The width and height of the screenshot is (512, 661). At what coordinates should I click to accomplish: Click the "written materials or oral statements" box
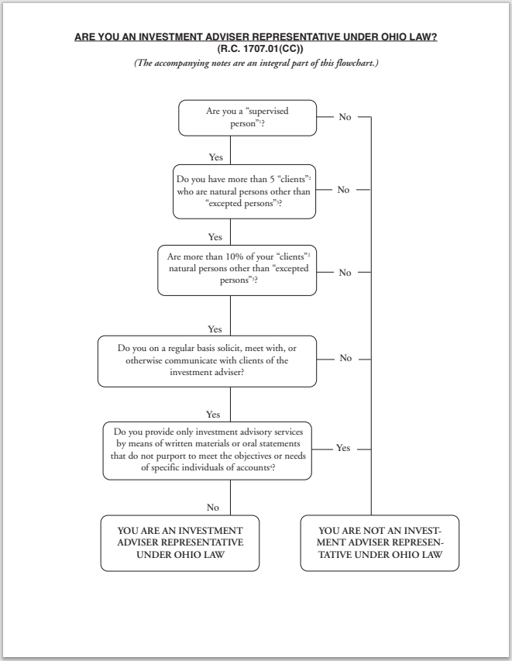pos(207,449)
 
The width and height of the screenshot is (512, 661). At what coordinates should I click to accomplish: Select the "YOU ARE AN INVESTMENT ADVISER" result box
pos(180,542)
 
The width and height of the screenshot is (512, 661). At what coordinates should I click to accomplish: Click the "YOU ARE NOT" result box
pos(380,542)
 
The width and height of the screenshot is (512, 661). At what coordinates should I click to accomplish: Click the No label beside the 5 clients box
pos(344,190)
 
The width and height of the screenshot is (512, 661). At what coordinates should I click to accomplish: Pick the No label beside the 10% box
pos(345,273)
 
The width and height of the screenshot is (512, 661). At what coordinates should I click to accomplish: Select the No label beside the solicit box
pos(345,358)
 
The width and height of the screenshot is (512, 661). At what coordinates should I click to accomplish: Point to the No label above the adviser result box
pos(213,507)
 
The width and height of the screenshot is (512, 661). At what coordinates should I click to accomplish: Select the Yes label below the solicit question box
pos(214,414)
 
